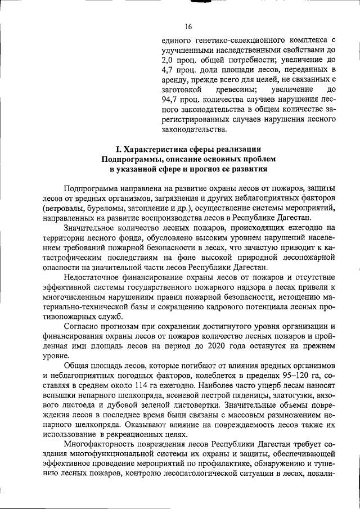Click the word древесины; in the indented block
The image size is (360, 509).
coord(235,90)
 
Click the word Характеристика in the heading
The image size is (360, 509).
coord(168,149)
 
